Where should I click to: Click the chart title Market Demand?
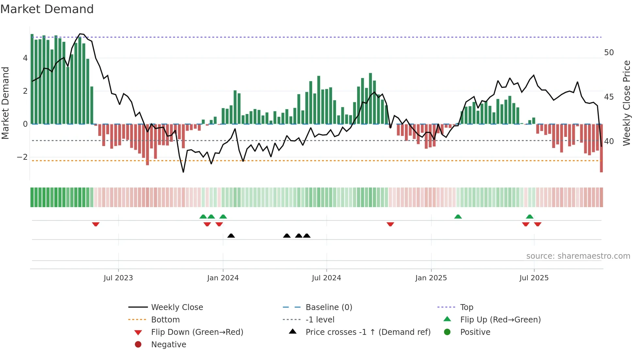click(x=47, y=9)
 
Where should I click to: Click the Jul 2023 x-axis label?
click(x=118, y=278)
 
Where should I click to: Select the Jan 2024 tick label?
click(x=223, y=278)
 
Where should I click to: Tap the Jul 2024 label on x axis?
click(x=326, y=278)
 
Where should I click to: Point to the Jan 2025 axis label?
click(x=431, y=278)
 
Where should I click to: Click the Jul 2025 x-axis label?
click(x=534, y=278)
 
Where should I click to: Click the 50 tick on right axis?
click(x=609, y=53)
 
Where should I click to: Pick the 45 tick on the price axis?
click(x=609, y=97)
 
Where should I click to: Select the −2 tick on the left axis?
click(x=22, y=157)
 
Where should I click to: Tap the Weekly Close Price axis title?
click(x=626, y=103)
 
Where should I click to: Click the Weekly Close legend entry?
click(x=177, y=307)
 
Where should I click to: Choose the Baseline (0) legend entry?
click(x=328, y=307)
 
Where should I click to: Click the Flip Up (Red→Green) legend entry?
click(x=500, y=320)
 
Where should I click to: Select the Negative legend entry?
click(x=168, y=345)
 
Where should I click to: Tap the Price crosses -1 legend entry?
click(x=368, y=332)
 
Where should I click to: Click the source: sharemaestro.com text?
click(x=578, y=256)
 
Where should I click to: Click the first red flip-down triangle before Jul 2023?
click(x=96, y=224)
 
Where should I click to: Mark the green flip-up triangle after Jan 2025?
click(x=458, y=217)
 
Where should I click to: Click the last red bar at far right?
click(x=601, y=149)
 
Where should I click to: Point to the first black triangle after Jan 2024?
click(x=231, y=236)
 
